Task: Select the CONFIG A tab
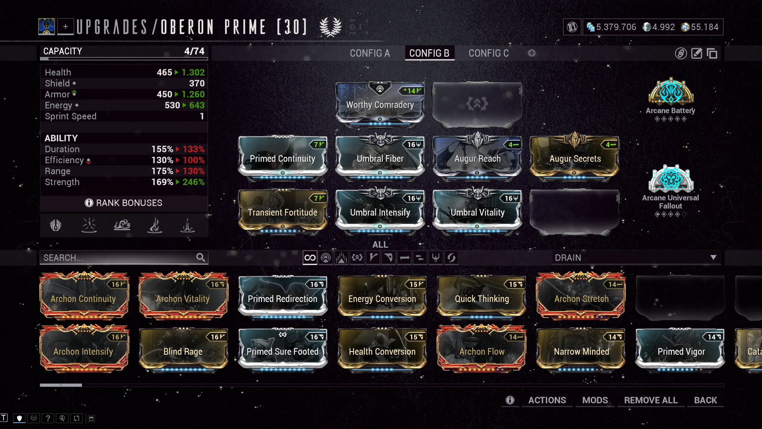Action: [x=369, y=53]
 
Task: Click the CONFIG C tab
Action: [x=488, y=53]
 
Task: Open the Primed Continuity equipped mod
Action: [x=283, y=158]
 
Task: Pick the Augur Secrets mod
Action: [x=575, y=158]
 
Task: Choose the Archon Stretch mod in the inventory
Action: [x=581, y=298]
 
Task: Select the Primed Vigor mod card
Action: [x=681, y=351]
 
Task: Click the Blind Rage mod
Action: [x=183, y=351]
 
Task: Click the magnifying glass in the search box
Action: [x=200, y=257]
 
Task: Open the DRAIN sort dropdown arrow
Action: [x=713, y=257]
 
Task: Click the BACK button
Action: [x=705, y=400]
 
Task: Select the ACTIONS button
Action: [x=547, y=400]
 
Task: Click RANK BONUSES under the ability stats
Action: [x=124, y=203]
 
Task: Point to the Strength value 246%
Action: [x=193, y=182]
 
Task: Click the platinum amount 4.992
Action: [x=663, y=27]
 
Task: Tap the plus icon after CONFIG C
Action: [x=532, y=53]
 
